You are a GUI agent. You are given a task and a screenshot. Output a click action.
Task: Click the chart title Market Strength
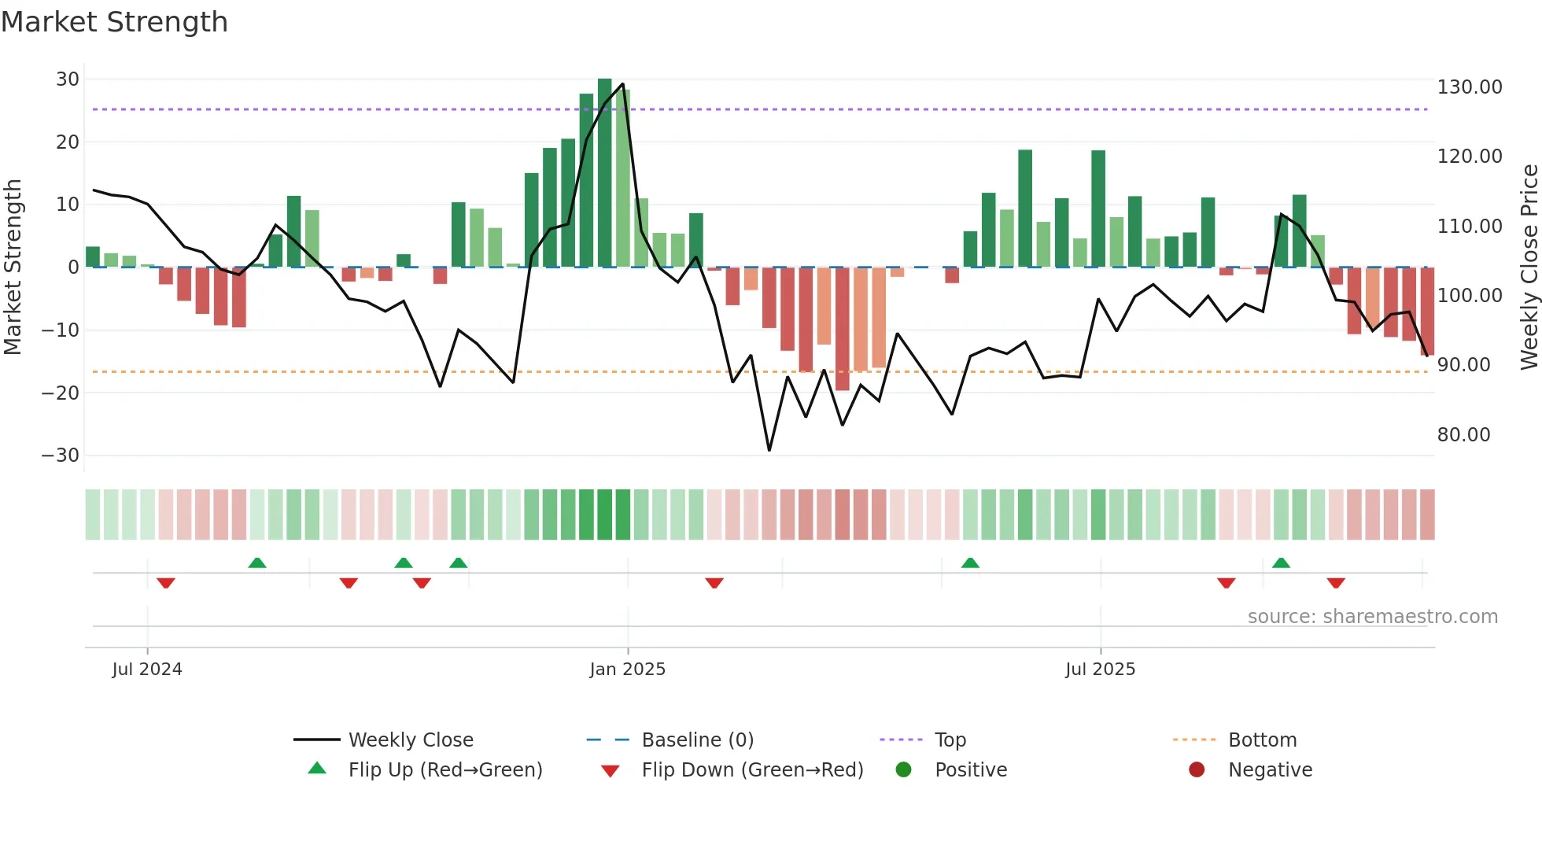coord(114,22)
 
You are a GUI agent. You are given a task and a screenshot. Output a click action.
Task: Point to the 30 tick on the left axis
coord(68,79)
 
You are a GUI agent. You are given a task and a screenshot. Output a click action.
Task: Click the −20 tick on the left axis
coord(61,393)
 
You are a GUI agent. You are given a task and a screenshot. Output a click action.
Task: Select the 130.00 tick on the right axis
coord(1470,87)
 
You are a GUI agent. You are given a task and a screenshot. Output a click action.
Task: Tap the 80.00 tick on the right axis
coord(1463,435)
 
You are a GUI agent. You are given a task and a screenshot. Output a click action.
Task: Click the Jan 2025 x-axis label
coord(627,670)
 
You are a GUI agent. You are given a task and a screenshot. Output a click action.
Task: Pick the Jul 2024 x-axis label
coord(147,670)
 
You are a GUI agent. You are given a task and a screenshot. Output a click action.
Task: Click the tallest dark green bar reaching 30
coord(604,173)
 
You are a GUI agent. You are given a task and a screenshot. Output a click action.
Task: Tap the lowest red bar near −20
coord(842,329)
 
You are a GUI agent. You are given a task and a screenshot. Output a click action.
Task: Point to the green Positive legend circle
coord(903,770)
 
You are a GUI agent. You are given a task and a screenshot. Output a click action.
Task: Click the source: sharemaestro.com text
coord(1372,617)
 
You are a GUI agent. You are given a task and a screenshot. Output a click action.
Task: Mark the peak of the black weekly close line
coord(622,84)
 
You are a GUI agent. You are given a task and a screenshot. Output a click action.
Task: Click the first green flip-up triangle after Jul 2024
coord(257,563)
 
